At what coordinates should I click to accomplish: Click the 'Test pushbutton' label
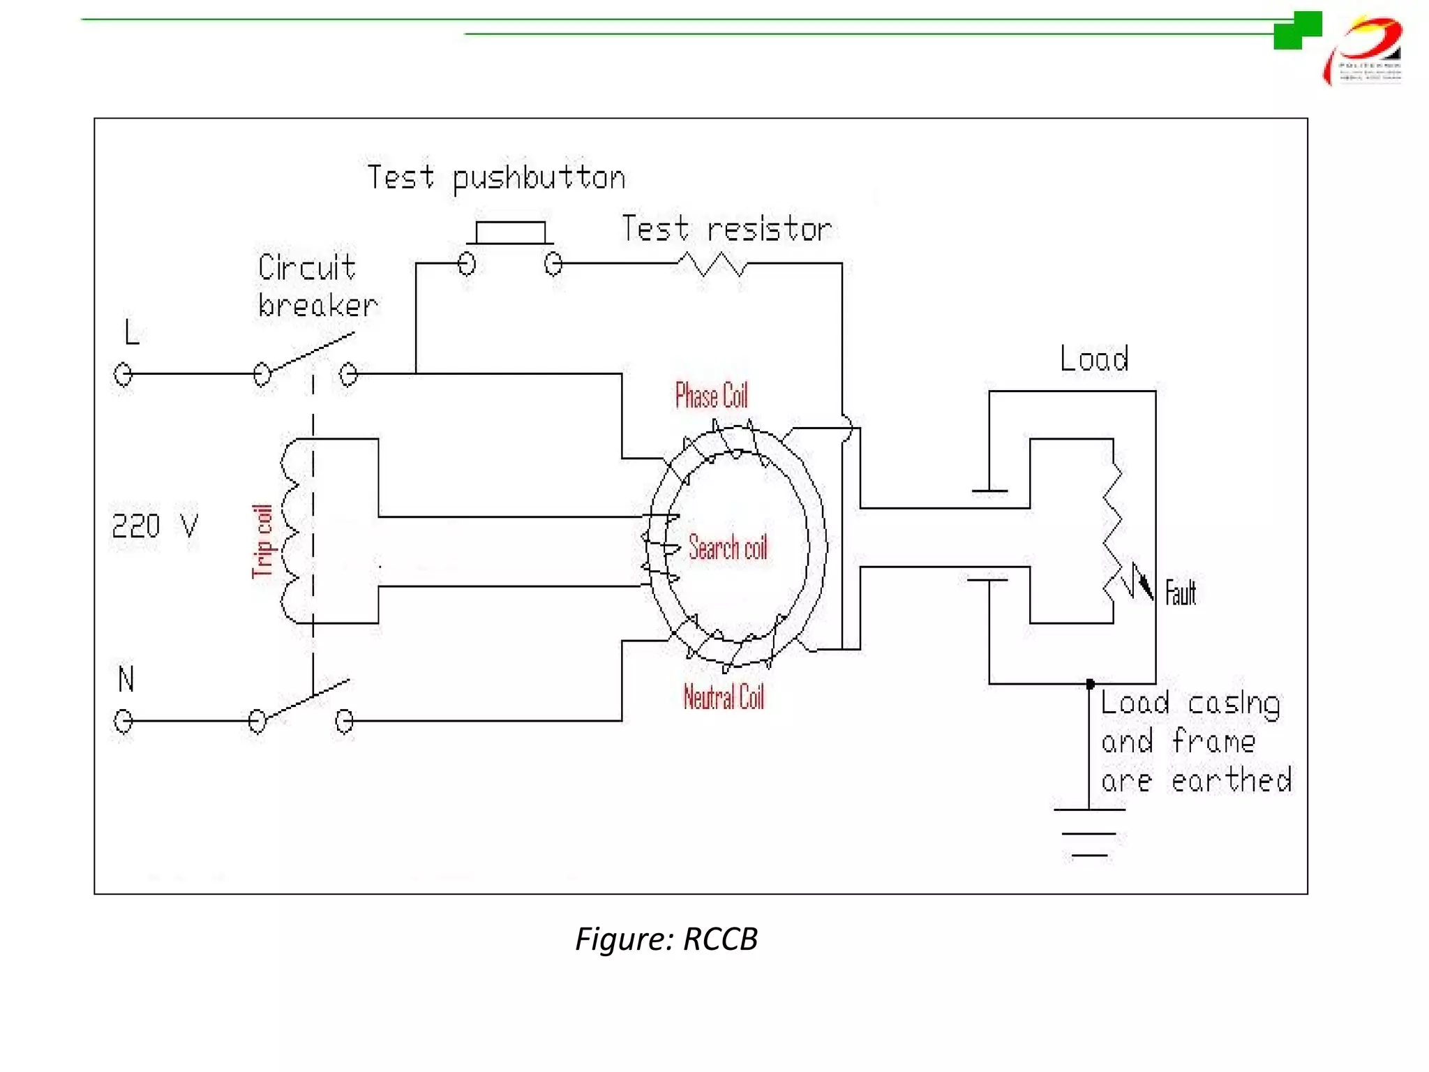pyautogui.click(x=496, y=178)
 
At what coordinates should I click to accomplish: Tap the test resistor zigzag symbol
pyautogui.click(x=712, y=264)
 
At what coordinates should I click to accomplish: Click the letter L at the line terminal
pyautogui.click(x=131, y=332)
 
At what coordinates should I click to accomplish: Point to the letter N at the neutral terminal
pyautogui.click(x=126, y=678)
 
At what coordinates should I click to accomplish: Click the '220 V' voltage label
pyautogui.click(x=155, y=526)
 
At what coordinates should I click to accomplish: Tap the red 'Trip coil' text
pyautogui.click(x=262, y=541)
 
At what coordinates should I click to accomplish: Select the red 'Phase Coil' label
pyautogui.click(x=711, y=396)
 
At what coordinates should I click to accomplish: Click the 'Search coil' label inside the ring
pyautogui.click(x=728, y=547)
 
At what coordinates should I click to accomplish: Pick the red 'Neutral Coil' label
pyautogui.click(x=724, y=697)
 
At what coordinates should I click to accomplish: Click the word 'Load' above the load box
pyautogui.click(x=1093, y=359)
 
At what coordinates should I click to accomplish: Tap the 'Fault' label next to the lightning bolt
pyautogui.click(x=1180, y=593)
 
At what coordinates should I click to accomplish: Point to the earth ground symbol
pyautogui.click(x=1089, y=832)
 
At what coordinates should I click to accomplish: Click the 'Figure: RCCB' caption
pyautogui.click(x=666, y=939)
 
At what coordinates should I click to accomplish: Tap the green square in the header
pyautogui.click(x=1297, y=30)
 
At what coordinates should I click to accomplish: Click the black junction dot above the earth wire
pyautogui.click(x=1091, y=684)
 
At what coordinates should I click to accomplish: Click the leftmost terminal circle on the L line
pyautogui.click(x=123, y=375)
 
